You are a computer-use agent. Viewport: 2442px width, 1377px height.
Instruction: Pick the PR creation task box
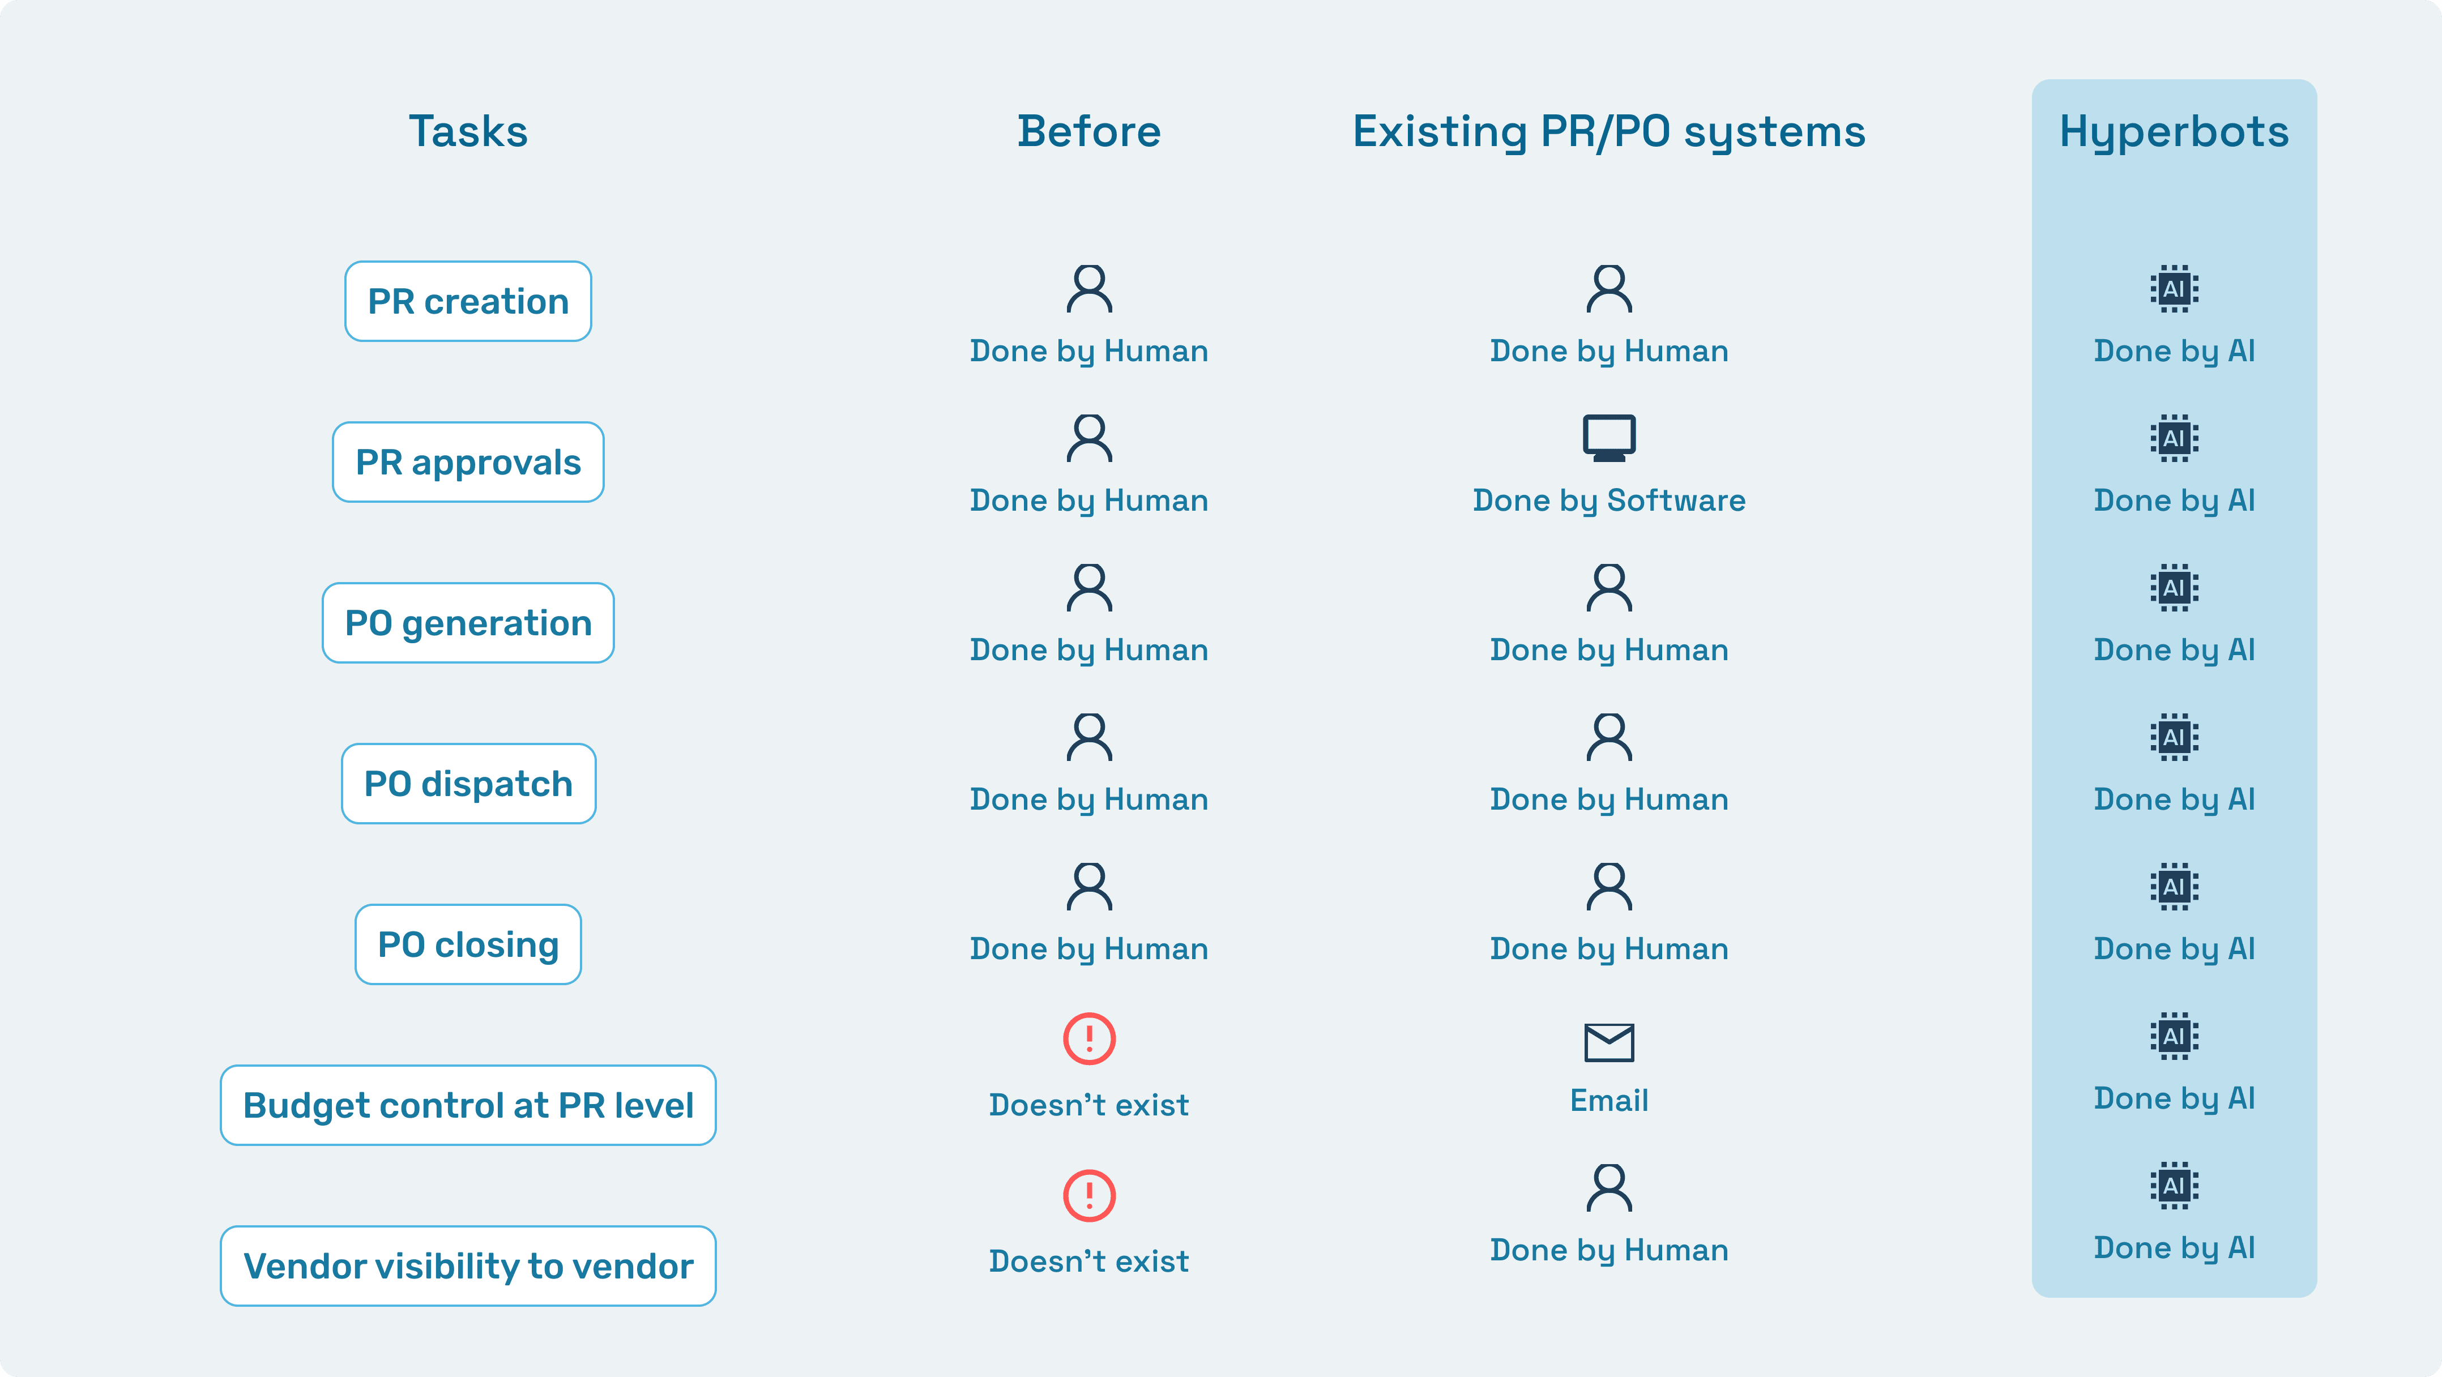(468, 301)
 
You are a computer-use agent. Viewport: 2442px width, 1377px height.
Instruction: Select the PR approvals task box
(468, 463)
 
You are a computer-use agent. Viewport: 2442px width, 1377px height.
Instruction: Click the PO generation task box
(468, 623)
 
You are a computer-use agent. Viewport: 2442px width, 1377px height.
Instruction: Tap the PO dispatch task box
(468, 784)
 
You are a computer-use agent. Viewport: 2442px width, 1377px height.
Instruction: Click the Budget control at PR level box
(468, 1105)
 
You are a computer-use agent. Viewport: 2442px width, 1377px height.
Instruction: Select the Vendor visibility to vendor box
(468, 1266)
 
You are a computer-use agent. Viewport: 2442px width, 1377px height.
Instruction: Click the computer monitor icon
(1609, 438)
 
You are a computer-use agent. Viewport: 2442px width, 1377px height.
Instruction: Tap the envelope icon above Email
(1609, 1042)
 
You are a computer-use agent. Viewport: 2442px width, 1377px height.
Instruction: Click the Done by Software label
(1609, 501)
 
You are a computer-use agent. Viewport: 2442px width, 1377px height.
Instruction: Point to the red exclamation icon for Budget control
(1089, 1038)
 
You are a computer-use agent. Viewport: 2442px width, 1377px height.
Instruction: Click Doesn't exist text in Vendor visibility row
(1088, 1261)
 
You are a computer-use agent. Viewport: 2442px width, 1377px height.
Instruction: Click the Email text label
(1609, 1100)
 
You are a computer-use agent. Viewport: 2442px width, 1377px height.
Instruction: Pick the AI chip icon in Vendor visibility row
(2174, 1186)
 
